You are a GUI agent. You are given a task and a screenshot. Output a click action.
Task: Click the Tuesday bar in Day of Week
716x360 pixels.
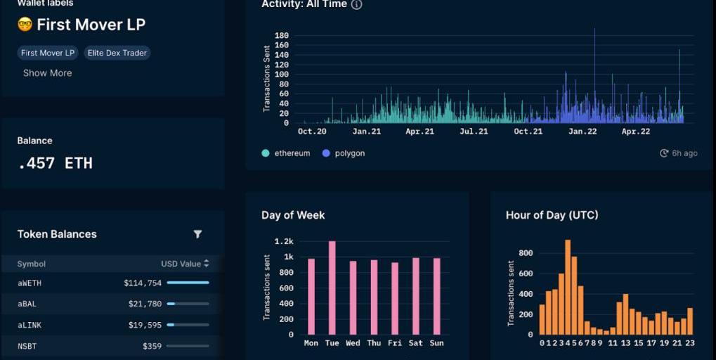point(332,288)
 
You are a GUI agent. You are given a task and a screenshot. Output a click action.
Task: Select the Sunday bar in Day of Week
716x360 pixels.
point(436,296)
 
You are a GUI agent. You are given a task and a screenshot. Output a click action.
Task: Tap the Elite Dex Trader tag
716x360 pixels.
point(117,53)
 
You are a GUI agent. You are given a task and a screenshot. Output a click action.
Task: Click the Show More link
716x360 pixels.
point(47,73)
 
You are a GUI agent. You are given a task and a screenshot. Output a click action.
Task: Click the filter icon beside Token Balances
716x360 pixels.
point(197,234)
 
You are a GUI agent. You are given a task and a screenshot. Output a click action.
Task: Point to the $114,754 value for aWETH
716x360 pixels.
point(143,283)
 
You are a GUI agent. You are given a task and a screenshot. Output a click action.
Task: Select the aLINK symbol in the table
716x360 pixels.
point(30,325)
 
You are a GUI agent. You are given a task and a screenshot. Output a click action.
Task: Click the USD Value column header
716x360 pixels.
point(185,264)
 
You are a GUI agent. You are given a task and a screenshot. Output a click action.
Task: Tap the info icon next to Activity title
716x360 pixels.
point(356,5)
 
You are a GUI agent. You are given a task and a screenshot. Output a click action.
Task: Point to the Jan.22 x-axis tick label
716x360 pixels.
point(582,131)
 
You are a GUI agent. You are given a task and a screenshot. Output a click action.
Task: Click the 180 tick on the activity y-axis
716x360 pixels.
point(282,36)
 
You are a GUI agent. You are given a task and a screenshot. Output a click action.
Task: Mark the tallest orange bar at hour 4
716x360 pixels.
point(568,288)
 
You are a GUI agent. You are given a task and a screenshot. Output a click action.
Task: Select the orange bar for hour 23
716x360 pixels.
point(690,321)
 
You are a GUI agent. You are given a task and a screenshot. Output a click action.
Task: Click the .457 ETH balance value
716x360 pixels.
point(55,163)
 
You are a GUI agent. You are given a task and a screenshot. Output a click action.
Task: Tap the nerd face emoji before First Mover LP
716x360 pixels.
point(25,25)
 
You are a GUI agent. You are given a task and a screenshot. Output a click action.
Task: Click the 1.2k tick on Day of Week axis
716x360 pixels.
point(284,241)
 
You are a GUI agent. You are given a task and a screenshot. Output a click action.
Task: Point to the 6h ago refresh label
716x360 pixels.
point(679,153)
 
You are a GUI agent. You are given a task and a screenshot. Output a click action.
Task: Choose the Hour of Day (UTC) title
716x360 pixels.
point(552,215)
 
